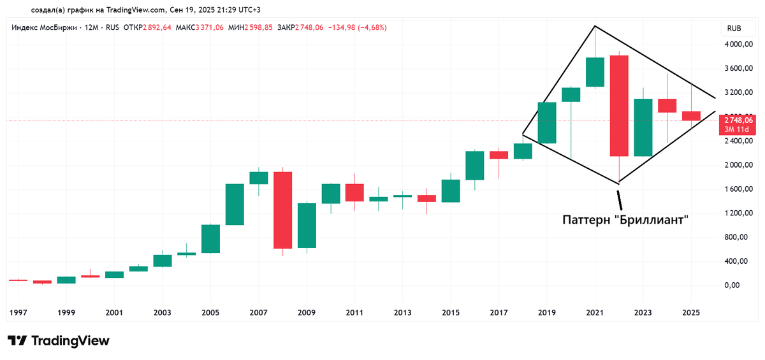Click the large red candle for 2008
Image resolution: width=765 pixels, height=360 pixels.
click(282, 210)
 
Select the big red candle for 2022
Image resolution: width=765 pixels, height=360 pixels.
click(619, 106)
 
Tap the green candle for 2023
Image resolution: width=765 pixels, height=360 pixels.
click(643, 127)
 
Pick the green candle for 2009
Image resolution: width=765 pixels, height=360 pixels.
click(307, 226)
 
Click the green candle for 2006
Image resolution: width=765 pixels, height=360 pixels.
click(235, 204)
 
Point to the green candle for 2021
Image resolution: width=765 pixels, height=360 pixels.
click(595, 72)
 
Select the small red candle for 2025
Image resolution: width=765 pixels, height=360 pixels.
click(691, 116)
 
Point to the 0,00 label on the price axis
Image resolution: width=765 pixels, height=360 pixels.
click(742, 285)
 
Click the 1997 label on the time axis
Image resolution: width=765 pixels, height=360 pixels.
click(18, 313)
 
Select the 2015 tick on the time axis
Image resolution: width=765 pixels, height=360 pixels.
click(451, 313)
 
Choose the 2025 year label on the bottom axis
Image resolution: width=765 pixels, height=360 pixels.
click(691, 313)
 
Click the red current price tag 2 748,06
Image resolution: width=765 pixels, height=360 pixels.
click(738, 120)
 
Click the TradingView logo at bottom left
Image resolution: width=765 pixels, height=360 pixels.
click(58, 341)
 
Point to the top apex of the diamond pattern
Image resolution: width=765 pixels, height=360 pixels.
click(594, 26)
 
